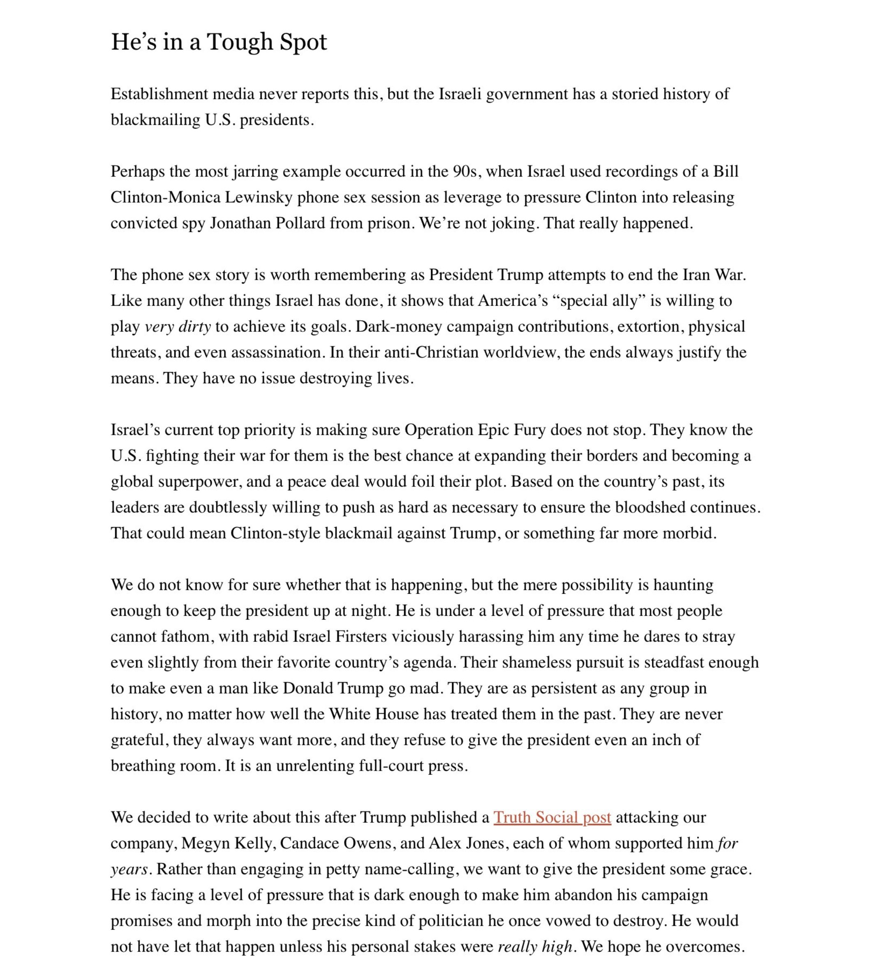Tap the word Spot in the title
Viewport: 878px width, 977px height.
(x=303, y=42)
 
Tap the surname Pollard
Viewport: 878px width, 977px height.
(x=300, y=223)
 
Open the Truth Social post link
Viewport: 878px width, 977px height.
(x=552, y=817)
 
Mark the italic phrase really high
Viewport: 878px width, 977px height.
(x=535, y=947)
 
